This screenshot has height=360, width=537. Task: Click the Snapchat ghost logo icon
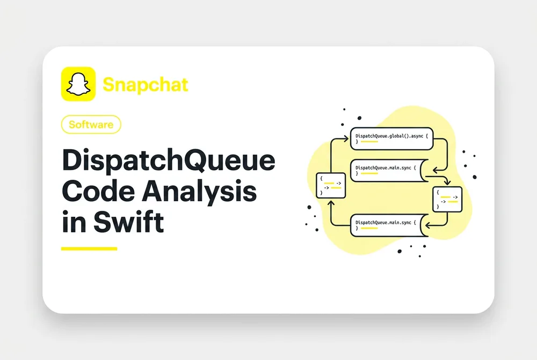click(78, 84)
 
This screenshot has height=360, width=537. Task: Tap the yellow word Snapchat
click(146, 85)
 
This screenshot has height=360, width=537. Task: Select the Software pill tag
click(91, 124)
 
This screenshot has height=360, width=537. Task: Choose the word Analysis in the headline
click(199, 192)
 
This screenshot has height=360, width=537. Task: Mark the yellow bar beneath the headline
click(89, 249)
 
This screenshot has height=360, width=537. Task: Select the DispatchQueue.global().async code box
click(392, 138)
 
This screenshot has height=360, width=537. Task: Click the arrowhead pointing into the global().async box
click(346, 138)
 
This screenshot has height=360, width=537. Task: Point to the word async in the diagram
click(417, 136)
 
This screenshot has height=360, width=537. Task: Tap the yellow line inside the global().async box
click(369, 142)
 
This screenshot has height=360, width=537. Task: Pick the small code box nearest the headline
click(331, 186)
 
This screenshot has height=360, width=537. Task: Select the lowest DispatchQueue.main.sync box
click(389, 225)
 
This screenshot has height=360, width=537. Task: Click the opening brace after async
click(427, 136)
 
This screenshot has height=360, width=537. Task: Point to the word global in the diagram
click(396, 136)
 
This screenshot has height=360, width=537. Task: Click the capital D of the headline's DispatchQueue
click(72, 159)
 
